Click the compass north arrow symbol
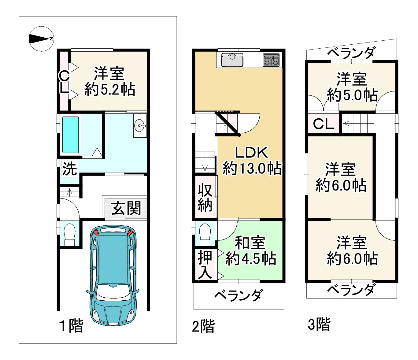click(41, 39)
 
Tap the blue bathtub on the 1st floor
click(71, 135)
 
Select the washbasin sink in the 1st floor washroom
click(139, 126)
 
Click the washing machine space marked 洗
click(70, 169)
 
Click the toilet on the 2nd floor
click(205, 234)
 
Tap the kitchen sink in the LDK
click(232, 60)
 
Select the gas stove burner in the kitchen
click(271, 60)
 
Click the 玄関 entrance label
click(126, 208)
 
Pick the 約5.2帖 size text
click(110, 90)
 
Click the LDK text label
click(251, 153)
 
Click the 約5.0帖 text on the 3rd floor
click(352, 95)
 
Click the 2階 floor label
click(203, 326)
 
